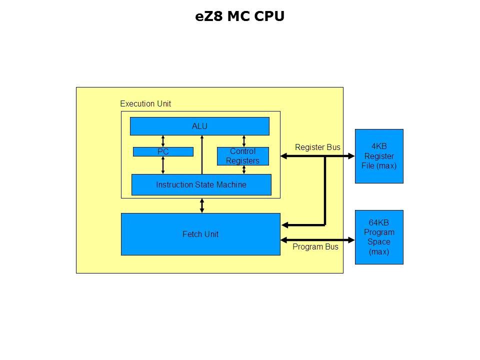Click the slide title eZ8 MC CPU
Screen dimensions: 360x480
(239, 16)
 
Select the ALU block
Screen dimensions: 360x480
(199, 126)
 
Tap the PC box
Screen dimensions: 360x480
(163, 151)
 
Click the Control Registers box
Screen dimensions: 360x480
(242, 156)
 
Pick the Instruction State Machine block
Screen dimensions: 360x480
(201, 184)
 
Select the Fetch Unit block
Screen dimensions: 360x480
(200, 234)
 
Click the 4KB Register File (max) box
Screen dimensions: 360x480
(378, 156)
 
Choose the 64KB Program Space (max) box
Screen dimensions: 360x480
(378, 237)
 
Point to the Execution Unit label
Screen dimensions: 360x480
(145, 104)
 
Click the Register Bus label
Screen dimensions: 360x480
(317, 147)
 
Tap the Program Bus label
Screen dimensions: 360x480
(315, 246)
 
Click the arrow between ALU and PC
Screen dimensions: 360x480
(163, 141)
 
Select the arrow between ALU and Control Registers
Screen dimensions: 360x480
(243, 141)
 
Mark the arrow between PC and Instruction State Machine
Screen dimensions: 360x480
(163, 165)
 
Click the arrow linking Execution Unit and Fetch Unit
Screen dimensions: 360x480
(202, 205)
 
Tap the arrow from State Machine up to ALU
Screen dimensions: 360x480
(202, 155)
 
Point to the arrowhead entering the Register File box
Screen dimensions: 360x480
(350, 156)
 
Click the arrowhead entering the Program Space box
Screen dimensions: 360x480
(350, 239)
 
